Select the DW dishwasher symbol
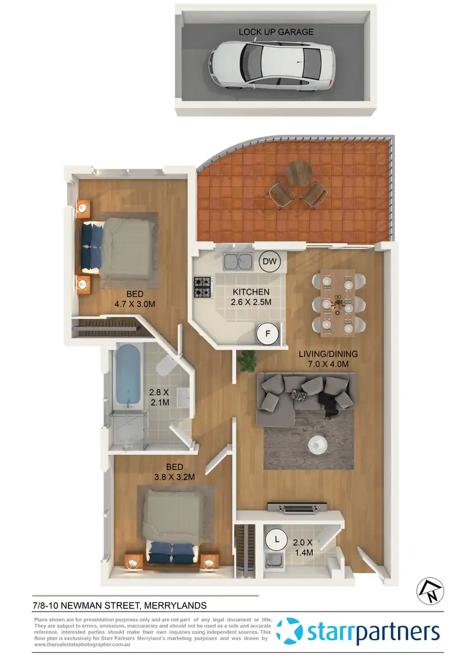tap(268, 261)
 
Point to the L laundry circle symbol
tap(277, 539)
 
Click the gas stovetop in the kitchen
tap(202, 287)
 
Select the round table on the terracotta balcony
tap(300, 171)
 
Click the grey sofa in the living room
tap(305, 398)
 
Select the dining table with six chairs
tap(339, 301)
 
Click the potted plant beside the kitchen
tap(246, 361)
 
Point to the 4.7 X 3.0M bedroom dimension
tap(134, 304)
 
